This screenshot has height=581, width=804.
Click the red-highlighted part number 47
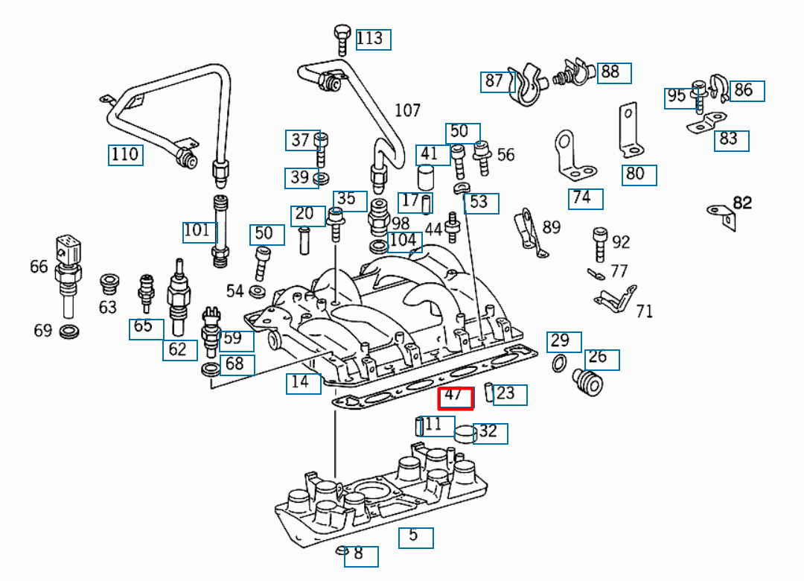pos(455,397)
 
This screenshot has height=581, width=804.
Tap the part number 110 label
pos(125,154)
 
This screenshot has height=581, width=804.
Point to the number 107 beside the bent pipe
pos(407,111)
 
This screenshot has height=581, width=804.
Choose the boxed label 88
pos(613,72)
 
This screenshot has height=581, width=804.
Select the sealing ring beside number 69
pos(68,331)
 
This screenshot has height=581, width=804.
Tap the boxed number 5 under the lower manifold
pos(415,536)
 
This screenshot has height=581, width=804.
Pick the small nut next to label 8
pos(342,551)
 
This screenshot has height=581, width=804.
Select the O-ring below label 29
pos(557,363)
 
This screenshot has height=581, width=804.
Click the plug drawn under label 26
pos(587,381)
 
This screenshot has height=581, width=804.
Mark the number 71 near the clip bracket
pos(644,311)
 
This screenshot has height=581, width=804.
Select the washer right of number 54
pos(259,290)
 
